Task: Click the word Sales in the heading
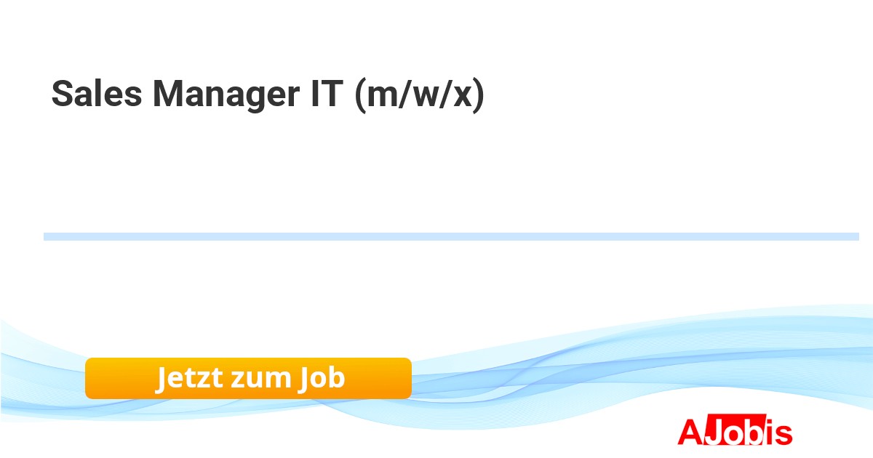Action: point(97,94)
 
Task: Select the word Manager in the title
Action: point(226,96)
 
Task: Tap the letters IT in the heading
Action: point(327,94)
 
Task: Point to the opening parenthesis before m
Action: point(361,95)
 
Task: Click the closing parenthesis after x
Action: point(478,95)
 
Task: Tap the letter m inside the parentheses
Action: point(383,97)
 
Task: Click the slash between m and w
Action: point(404,95)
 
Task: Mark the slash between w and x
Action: point(445,95)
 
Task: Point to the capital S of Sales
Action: point(63,94)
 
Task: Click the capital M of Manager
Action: point(167,94)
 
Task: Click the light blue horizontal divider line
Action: point(451,237)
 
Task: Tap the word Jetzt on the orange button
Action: point(189,378)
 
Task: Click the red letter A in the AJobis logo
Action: point(691,433)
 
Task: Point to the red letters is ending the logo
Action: point(777,432)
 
